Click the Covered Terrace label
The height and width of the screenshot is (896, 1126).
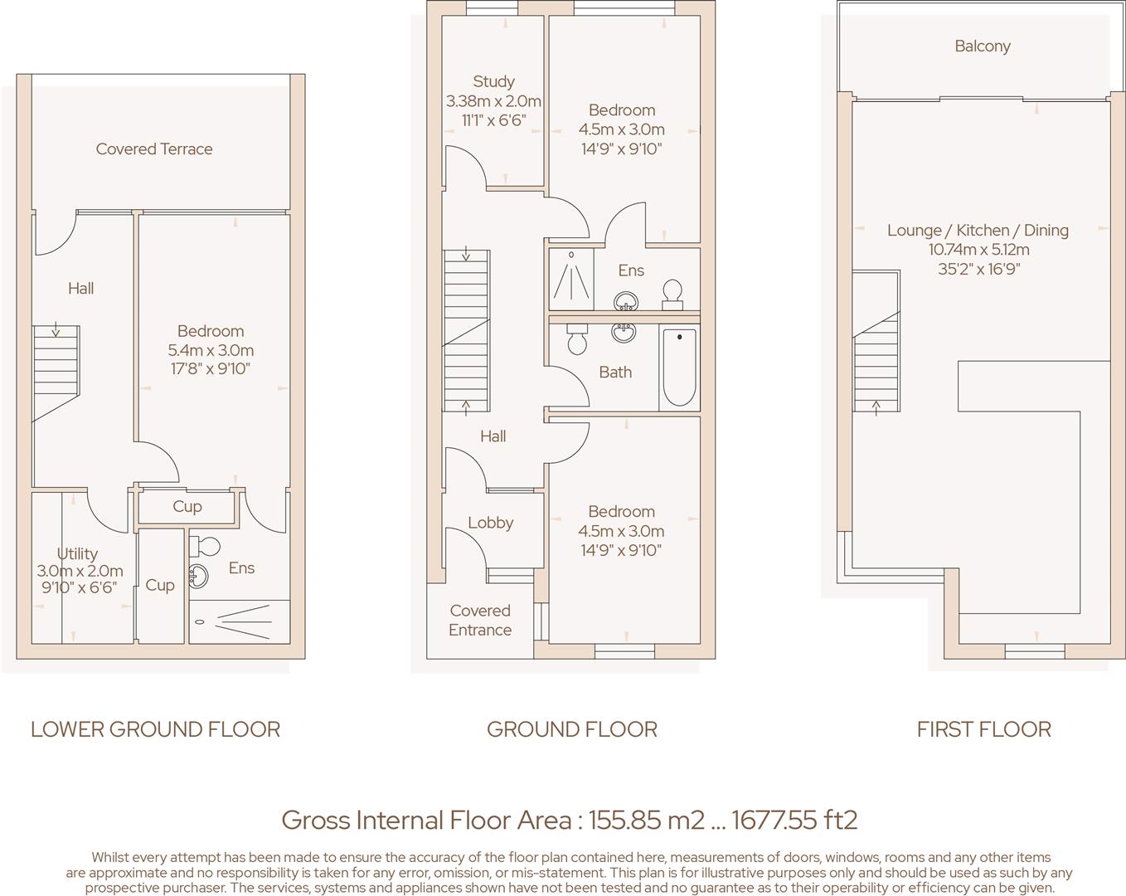[x=154, y=149]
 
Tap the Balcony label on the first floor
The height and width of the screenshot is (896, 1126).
[x=982, y=46]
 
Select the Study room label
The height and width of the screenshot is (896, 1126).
[x=493, y=81]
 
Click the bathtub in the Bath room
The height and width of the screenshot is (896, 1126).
[x=679, y=367]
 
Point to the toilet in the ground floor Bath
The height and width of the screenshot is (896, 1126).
[x=576, y=338]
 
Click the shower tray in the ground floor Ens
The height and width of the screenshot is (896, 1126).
[x=571, y=280]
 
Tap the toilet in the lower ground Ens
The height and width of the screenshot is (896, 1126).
[x=205, y=546]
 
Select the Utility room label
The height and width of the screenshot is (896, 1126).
[x=77, y=553]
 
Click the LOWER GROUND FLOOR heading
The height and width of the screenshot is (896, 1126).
[x=155, y=729]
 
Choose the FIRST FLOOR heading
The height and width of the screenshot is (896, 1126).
[x=983, y=729]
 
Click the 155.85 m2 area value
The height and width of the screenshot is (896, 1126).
[x=647, y=821]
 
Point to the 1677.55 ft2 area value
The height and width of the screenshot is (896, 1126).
[x=794, y=821]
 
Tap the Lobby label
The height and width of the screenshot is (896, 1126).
[x=490, y=523]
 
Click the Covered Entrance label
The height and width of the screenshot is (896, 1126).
[x=480, y=620]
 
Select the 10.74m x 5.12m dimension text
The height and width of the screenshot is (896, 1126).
[x=978, y=250]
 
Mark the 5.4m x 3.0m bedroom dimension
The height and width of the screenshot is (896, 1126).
[x=211, y=350]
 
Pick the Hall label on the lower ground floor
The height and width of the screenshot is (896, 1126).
[x=81, y=289]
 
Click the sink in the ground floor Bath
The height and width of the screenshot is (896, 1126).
[x=624, y=332]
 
